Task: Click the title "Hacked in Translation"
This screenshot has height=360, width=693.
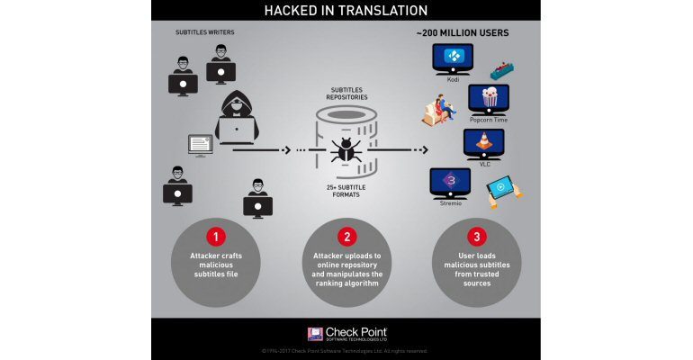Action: click(x=346, y=10)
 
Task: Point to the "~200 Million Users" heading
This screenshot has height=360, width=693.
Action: click(x=462, y=33)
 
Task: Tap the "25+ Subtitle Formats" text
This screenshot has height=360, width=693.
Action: click(x=346, y=190)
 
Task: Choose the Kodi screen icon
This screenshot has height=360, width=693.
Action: click(x=454, y=58)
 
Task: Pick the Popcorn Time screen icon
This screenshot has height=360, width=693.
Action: click(x=488, y=97)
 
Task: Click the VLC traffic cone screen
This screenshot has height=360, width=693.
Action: click(x=483, y=143)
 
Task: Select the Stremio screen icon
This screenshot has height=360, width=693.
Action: click(x=449, y=182)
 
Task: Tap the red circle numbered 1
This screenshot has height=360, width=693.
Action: click(x=215, y=237)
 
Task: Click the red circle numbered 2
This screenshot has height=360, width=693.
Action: click(x=346, y=237)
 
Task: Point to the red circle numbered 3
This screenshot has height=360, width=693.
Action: click(x=476, y=237)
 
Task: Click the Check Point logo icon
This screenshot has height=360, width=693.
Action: click(x=315, y=334)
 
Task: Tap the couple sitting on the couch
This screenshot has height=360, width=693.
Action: click(x=440, y=110)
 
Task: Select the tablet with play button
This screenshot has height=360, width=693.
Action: click(x=502, y=187)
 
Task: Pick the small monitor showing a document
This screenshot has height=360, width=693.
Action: click(x=200, y=144)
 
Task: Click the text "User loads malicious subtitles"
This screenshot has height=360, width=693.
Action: click(x=477, y=266)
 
